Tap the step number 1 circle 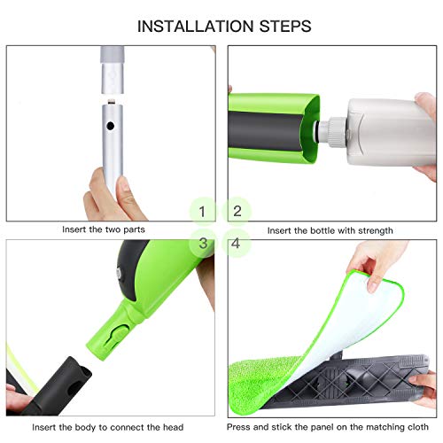click(x=204, y=211)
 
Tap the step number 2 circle click(x=237, y=211)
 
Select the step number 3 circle click(x=204, y=242)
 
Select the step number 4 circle click(x=237, y=242)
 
